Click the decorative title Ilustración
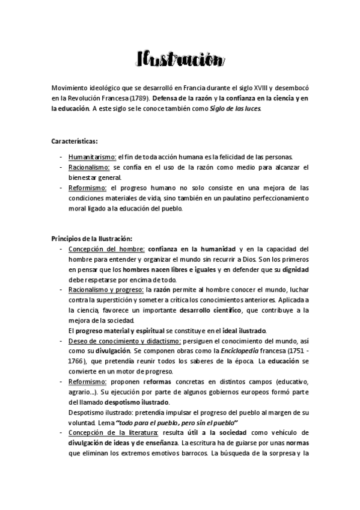pos(180,60)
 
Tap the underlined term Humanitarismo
pos(92,156)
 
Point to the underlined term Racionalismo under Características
pos(89,167)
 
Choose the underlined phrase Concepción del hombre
pos(106,249)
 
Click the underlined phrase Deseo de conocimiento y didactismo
pos(124,341)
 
